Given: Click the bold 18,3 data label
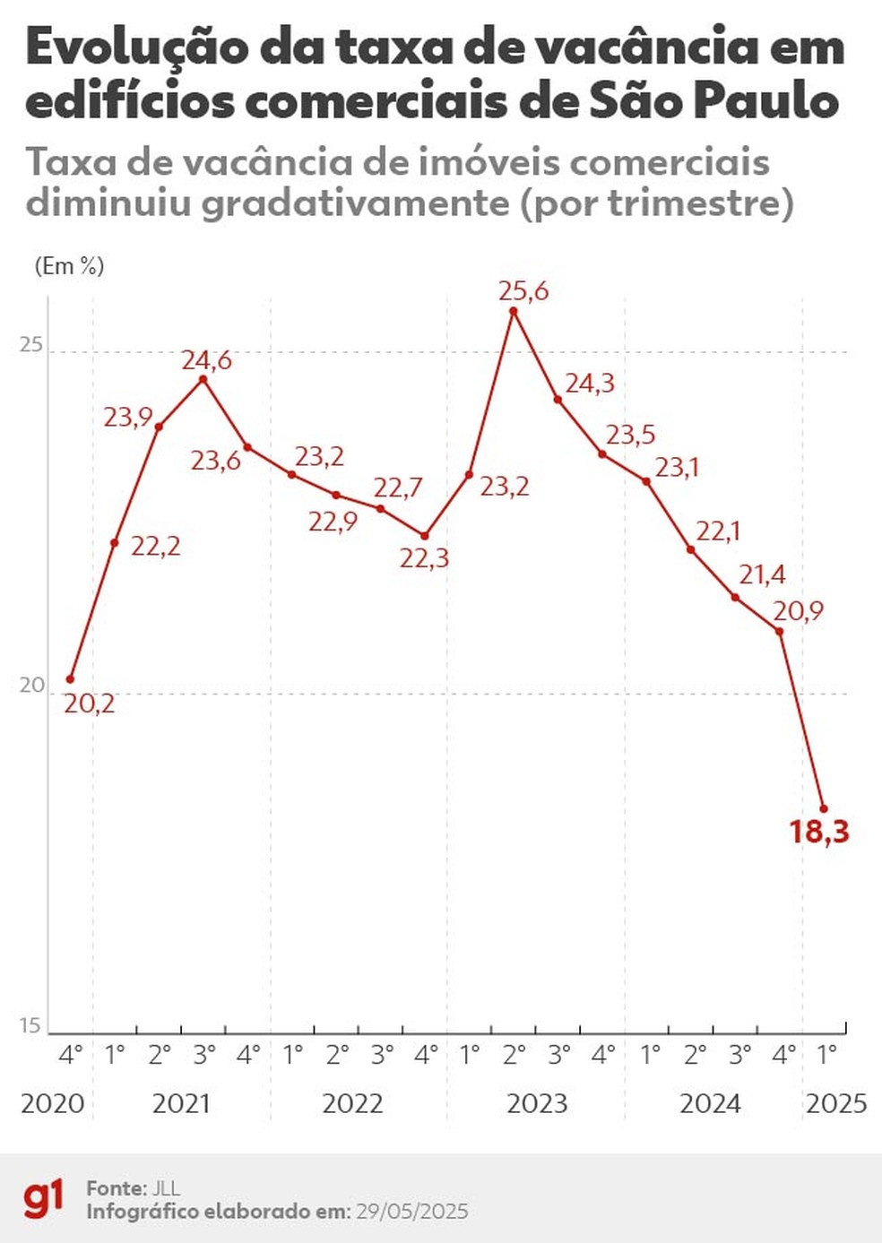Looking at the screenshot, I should [818, 833].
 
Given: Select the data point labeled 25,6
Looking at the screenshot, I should [514, 311].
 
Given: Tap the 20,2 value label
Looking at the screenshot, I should [90, 704].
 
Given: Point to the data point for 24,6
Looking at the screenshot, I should [203, 379].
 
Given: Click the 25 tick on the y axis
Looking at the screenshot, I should [31, 345].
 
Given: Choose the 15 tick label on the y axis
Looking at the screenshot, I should [30, 1025].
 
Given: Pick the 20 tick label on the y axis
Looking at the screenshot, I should [31, 686].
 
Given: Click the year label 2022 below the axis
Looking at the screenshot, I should [352, 1103].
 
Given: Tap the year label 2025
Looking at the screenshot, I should [835, 1103].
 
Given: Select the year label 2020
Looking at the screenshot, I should [53, 1103].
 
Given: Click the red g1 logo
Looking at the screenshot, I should [44, 1199].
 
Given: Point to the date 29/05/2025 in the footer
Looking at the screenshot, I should [411, 1212].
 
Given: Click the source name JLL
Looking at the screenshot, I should [165, 1188].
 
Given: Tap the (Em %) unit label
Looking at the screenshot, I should [69, 266].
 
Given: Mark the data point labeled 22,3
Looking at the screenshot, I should [425, 536].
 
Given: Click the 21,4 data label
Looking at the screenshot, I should [762, 574].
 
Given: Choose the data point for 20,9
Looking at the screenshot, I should [780, 632].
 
